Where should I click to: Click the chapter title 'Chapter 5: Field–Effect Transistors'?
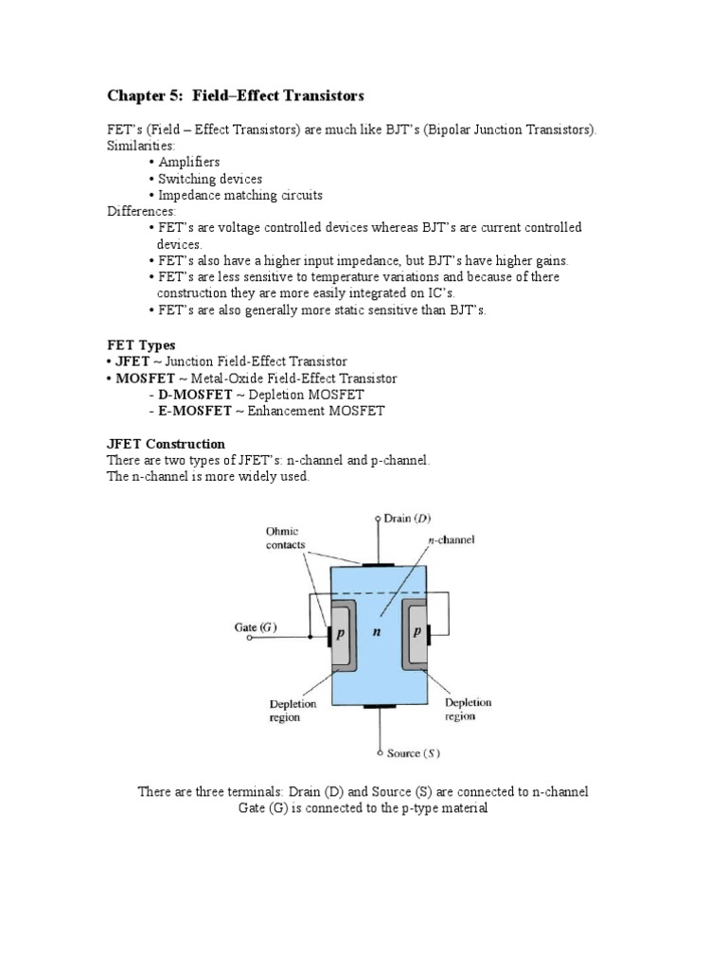[236, 97]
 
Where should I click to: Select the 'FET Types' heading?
[141, 345]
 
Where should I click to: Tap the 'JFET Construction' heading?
[166, 444]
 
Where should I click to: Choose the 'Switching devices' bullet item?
[210, 179]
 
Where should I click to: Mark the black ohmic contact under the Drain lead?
[380, 565]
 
